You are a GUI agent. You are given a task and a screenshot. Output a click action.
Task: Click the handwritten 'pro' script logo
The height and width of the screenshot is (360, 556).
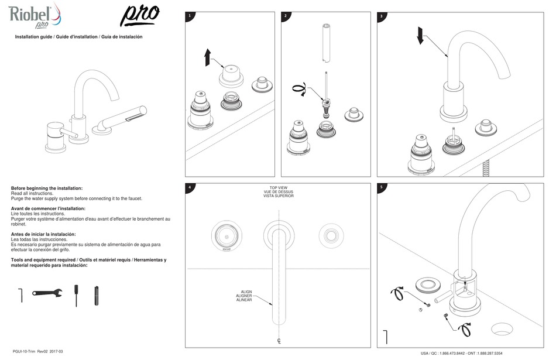tap(139, 16)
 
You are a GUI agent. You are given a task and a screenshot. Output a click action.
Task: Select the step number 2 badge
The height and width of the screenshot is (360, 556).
tap(285, 16)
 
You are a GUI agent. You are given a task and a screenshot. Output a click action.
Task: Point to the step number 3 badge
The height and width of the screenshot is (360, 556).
tap(382, 16)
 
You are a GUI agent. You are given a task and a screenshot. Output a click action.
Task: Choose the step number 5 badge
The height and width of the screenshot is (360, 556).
tap(382, 188)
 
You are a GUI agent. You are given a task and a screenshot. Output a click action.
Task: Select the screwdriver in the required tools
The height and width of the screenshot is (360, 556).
tap(75, 295)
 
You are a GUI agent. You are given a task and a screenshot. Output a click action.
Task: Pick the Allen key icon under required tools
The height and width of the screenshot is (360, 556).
tap(20, 294)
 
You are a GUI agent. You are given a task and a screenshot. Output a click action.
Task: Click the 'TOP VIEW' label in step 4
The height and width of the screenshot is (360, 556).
tap(278, 187)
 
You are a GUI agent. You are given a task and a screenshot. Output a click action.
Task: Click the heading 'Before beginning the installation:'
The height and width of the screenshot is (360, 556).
tap(47, 188)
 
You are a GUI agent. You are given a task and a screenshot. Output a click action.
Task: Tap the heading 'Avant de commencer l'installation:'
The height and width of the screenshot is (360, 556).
tap(48, 208)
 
